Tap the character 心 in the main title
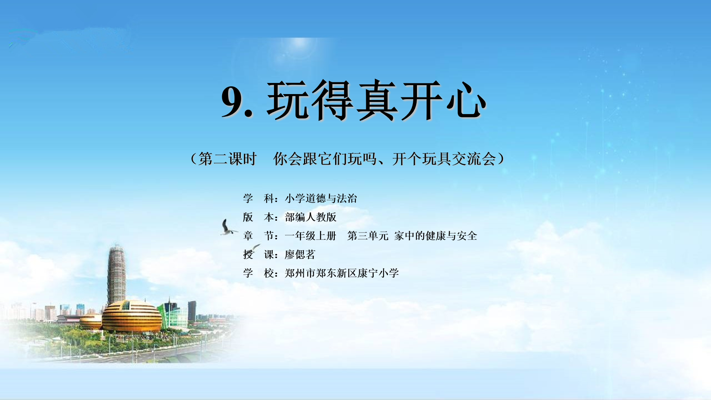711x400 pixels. pyautogui.click(x=466, y=100)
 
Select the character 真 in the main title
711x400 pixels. pyautogui.click(x=377, y=100)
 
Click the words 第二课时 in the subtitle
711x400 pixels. pyautogui.click(x=227, y=159)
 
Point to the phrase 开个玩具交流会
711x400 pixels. pyautogui.click(x=444, y=159)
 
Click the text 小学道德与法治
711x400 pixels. pyautogui.click(x=321, y=199)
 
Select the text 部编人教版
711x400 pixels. pyautogui.click(x=310, y=217)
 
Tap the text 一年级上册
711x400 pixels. pyautogui.click(x=310, y=236)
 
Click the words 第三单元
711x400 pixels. pyautogui.click(x=368, y=236)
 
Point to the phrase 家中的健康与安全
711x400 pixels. pyautogui.click(x=435, y=236)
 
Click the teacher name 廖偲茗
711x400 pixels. pyautogui.click(x=300, y=254)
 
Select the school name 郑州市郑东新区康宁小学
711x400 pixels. pyautogui.click(x=342, y=273)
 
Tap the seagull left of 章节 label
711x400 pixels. pyautogui.click(x=228, y=227)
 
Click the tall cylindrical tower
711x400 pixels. pyautogui.click(x=116, y=274)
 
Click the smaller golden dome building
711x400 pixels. pyautogui.click(x=91, y=321)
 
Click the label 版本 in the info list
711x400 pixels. pyautogui.click(x=258, y=217)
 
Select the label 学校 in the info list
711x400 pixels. pyautogui.click(x=258, y=273)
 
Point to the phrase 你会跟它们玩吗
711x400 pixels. pyautogui.click(x=325, y=159)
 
